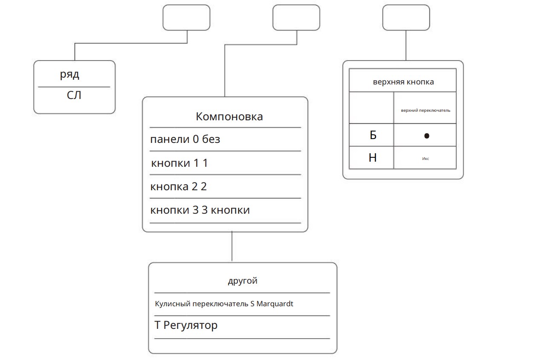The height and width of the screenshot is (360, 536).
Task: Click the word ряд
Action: pyautogui.click(x=70, y=75)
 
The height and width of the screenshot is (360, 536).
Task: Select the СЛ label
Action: pyautogui.click(x=74, y=95)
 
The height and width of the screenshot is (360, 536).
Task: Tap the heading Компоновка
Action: pyautogui.click(x=229, y=116)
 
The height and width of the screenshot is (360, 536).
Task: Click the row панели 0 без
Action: pyautogui.click(x=185, y=139)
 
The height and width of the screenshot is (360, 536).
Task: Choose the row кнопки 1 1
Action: pyautogui.click(x=180, y=163)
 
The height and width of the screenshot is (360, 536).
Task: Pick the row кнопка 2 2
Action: pyautogui.click(x=178, y=186)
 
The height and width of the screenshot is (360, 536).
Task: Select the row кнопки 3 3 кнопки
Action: pyautogui.click(x=200, y=210)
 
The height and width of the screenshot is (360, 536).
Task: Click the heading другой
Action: pyautogui.click(x=242, y=281)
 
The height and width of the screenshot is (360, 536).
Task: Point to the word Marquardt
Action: pyautogui.click(x=275, y=304)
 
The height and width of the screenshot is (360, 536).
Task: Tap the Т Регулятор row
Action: pyautogui.click(x=186, y=325)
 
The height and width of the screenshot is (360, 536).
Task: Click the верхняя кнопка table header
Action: pyautogui.click(x=403, y=82)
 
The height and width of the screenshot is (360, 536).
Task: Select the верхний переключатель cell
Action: pyautogui.click(x=426, y=110)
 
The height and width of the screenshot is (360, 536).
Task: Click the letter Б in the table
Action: pyautogui.click(x=373, y=135)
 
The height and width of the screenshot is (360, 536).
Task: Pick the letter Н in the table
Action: pyautogui.click(x=373, y=158)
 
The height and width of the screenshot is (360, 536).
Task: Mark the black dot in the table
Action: pyautogui.click(x=426, y=136)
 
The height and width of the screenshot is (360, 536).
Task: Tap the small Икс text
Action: pyautogui.click(x=426, y=158)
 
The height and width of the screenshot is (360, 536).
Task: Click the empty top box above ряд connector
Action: pyautogui.click(x=186, y=17)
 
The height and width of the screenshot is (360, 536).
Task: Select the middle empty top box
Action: pyautogui.click(x=296, y=17)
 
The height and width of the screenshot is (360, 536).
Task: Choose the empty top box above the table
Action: pyautogui.click(x=406, y=17)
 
